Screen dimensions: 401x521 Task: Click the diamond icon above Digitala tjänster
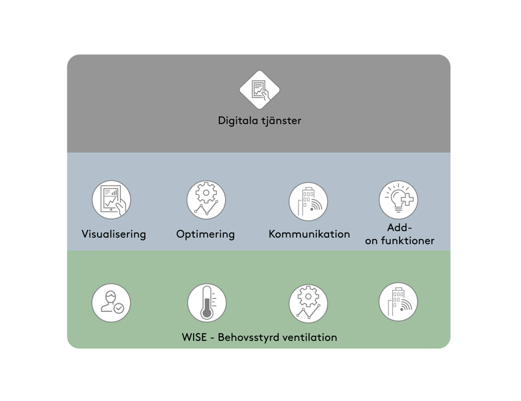click(x=259, y=90)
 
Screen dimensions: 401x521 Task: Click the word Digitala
click(x=238, y=121)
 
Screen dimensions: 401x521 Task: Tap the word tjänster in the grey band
click(x=281, y=121)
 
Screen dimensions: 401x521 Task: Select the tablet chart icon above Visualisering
click(x=112, y=200)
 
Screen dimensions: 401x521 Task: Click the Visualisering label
click(x=114, y=234)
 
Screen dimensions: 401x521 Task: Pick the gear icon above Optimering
click(x=206, y=200)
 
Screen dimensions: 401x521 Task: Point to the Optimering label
click(x=205, y=234)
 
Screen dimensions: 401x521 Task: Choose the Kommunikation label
click(x=309, y=234)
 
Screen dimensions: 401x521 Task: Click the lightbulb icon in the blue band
click(x=398, y=200)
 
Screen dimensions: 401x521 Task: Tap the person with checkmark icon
click(x=112, y=303)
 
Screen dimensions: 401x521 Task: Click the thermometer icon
click(x=207, y=303)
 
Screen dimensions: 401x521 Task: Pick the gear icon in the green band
click(x=308, y=304)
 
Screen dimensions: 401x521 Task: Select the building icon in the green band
click(x=398, y=302)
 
